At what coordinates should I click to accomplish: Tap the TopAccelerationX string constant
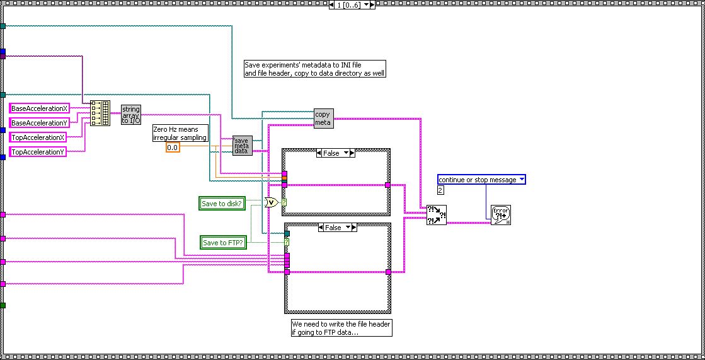click(x=38, y=137)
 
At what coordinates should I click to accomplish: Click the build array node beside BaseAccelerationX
click(x=100, y=113)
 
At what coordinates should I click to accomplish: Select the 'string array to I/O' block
click(x=131, y=115)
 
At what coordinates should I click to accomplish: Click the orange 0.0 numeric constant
click(x=173, y=148)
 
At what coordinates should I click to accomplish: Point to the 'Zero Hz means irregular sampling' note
click(x=180, y=133)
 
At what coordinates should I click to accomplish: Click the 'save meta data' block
click(x=242, y=146)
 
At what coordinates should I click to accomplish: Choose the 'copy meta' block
click(x=323, y=119)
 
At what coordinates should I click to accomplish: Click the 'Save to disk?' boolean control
click(x=222, y=203)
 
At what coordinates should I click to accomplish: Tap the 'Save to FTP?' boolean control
click(x=222, y=242)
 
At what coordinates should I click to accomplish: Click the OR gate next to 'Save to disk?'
click(x=272, y=202)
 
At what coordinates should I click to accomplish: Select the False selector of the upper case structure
click(x=335, y=153)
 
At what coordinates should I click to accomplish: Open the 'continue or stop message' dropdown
click(x=481, y=180)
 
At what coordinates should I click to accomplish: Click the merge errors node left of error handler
click(x=436, y=215)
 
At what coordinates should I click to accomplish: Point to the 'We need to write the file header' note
click(x=341, y=328)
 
